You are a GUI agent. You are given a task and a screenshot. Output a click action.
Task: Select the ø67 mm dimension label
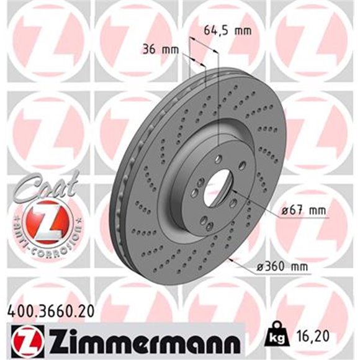click(303, 212)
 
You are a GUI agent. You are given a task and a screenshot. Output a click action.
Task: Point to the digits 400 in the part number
click(18, 313)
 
